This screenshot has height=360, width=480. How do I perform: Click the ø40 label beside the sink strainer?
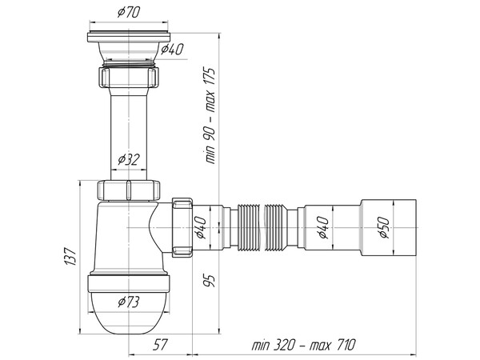coord(171,50)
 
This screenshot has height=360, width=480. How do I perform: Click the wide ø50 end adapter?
coord(388,228)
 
